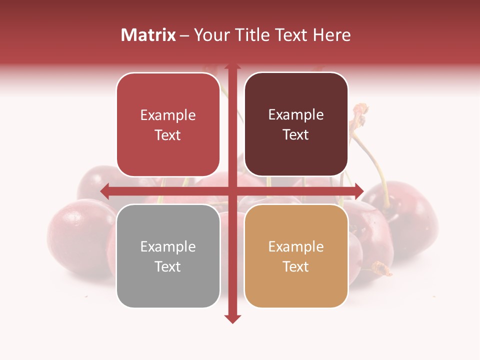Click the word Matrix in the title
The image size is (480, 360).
[x=148, y=35]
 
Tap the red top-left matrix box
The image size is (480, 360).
[x=168, y=125]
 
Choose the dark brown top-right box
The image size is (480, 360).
[x=296, y=124]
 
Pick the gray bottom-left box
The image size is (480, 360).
[x=168, y=256]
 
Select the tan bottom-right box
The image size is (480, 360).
[x=296, y=256]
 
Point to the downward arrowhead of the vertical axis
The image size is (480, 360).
[x=232, y=318]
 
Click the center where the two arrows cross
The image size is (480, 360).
[x=232, y=191]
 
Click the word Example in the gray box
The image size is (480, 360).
[x=168, y=246]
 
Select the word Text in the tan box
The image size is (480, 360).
[x=296, y=266]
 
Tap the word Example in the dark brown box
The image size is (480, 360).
[x=296, y=114]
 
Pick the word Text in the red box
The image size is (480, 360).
[x=168, y=135]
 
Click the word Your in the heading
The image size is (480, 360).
[x=210, y=35]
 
